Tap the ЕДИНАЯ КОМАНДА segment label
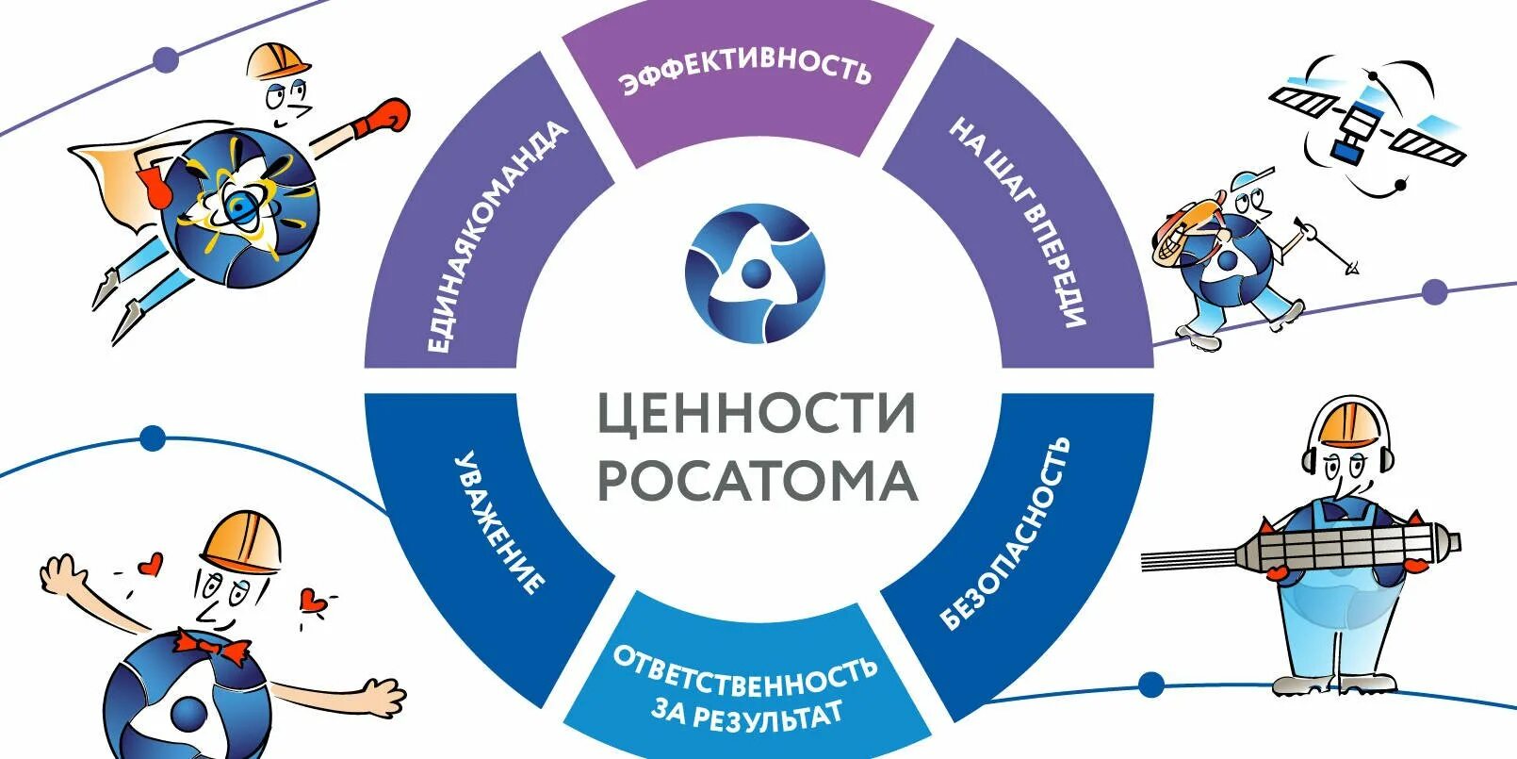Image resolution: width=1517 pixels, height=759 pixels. click(498, 237)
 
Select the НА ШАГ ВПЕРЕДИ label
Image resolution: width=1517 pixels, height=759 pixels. click(1019, 222)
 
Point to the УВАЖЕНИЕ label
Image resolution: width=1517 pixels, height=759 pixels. click(499, 522)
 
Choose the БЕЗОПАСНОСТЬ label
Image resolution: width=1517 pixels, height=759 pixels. click(1005, 533)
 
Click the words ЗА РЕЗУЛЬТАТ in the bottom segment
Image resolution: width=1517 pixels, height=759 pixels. click(747, 712)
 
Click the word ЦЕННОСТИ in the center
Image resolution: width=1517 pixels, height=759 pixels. click(757, 413)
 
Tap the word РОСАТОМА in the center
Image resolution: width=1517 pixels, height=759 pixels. click(757, 480)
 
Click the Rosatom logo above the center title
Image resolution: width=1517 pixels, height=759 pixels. click(754, 274)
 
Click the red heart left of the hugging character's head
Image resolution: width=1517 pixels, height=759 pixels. click(148, 565)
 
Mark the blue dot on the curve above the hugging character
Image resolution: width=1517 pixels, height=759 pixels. click(153, 438)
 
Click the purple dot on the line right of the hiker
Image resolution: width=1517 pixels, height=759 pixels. click(1434, 291)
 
